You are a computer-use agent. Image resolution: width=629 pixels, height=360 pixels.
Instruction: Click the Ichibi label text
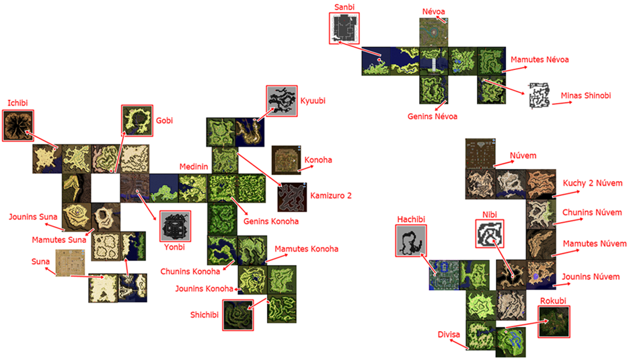coord(17,103)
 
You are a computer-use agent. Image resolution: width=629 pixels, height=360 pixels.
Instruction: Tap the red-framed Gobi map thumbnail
coord(137,120)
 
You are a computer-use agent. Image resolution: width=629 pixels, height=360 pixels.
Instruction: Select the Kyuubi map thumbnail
coord(282,101)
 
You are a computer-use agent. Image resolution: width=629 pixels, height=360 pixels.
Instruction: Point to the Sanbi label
coord(344,7)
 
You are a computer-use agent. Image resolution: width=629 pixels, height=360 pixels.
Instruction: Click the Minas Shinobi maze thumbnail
coord(539,96)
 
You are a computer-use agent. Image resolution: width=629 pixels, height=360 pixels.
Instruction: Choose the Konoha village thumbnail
coord(286,160)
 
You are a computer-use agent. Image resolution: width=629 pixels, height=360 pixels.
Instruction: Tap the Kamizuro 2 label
coord(330,196)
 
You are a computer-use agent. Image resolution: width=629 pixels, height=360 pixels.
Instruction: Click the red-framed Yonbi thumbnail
coord(175,226)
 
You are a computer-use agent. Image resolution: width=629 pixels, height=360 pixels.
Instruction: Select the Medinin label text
coord(194,167)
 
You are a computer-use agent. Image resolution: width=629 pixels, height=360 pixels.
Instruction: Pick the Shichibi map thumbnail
coord(238,315)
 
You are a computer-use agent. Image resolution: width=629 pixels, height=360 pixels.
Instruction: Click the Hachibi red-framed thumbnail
coord(411,240)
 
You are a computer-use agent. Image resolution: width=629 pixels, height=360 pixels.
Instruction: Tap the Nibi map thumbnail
coord(489,234)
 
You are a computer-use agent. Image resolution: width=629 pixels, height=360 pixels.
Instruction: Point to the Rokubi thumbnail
coord(554,322)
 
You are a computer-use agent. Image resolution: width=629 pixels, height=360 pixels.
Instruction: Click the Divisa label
coord(449,334)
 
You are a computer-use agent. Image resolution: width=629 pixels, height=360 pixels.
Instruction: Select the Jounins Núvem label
coord(591,277)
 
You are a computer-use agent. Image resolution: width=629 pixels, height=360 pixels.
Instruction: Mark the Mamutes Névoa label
coord(540,60)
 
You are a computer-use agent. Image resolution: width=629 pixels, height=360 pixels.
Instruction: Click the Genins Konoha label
coord(271,221)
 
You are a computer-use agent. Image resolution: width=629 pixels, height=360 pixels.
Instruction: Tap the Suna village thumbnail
coord(70,263)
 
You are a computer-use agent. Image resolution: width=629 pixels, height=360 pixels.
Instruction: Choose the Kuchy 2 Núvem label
coord(593,184)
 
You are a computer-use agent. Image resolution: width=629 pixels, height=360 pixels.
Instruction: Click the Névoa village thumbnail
coord(434,32)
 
